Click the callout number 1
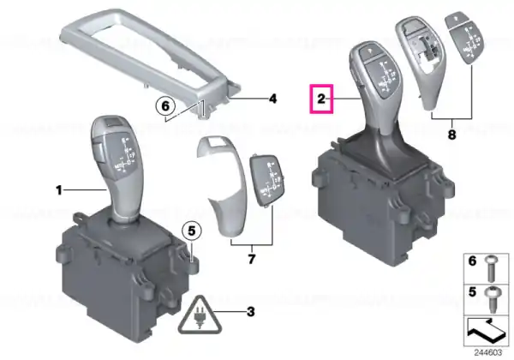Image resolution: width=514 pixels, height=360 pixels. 59,189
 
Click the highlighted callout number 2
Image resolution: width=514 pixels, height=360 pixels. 321,99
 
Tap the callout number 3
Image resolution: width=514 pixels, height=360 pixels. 251,311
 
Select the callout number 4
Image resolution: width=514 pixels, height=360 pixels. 272,99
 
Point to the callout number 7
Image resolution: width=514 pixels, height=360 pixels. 251,260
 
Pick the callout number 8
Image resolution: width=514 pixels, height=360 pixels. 451,134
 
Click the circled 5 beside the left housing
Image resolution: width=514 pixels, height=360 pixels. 192,231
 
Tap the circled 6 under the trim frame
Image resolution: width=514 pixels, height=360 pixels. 165,106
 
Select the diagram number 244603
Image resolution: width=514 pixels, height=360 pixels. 487,353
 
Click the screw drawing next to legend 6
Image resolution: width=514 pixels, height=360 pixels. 492,269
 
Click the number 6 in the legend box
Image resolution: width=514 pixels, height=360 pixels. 472,261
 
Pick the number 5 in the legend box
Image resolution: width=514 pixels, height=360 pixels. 472,291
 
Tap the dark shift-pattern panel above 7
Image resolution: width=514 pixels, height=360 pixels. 266,180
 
